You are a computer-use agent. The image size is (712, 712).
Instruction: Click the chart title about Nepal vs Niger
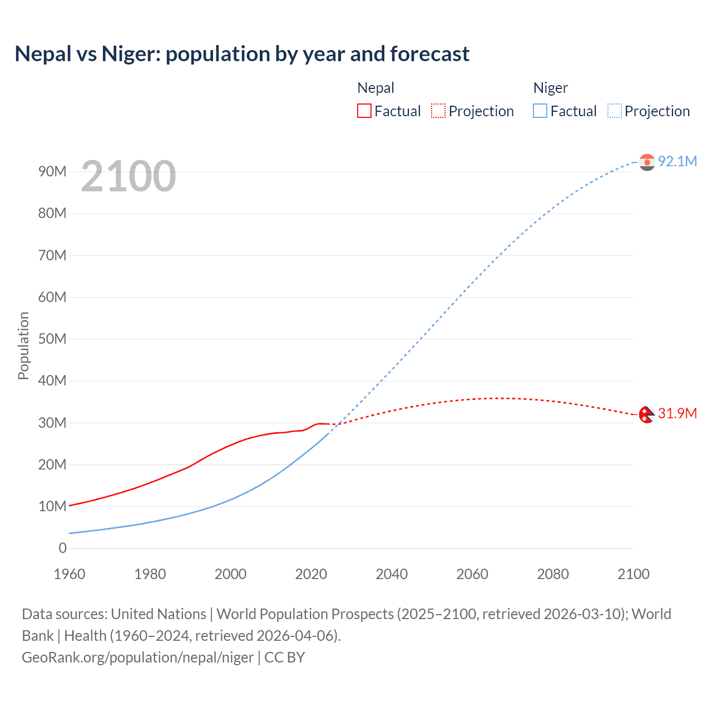coord(242,54)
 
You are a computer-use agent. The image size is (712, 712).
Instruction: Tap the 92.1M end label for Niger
coord(677,161)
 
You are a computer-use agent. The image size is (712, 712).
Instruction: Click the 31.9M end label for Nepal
coord(677,413)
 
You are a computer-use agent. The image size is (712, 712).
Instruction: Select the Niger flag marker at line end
coord(647,162)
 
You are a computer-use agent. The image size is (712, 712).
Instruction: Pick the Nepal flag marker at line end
coord(646,414)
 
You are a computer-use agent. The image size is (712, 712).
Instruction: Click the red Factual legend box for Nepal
coord(364,111)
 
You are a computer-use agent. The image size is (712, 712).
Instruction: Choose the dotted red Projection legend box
coord(438,111)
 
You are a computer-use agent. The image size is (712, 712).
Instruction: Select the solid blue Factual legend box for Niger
coord(540,111)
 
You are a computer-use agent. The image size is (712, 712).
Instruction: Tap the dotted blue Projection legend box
coord(615,111)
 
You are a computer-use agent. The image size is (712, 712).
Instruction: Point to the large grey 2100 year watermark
coord(128,176)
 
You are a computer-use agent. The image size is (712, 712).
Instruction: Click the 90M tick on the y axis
coord(52,171)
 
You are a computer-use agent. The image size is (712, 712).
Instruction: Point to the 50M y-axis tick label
coord(52,339)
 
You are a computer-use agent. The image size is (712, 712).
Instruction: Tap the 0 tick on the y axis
coord(62,548)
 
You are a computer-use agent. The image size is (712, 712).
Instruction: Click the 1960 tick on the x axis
coord(70,574)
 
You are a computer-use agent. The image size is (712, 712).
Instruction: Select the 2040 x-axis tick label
coord(392,574)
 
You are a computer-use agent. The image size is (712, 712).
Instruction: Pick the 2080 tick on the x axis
coord(553,574)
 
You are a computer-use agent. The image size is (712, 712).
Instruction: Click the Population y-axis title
coord(23,345)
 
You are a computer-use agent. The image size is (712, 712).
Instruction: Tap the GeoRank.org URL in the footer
coord(138,657)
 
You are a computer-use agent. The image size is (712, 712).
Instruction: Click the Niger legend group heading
coord(551,88)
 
